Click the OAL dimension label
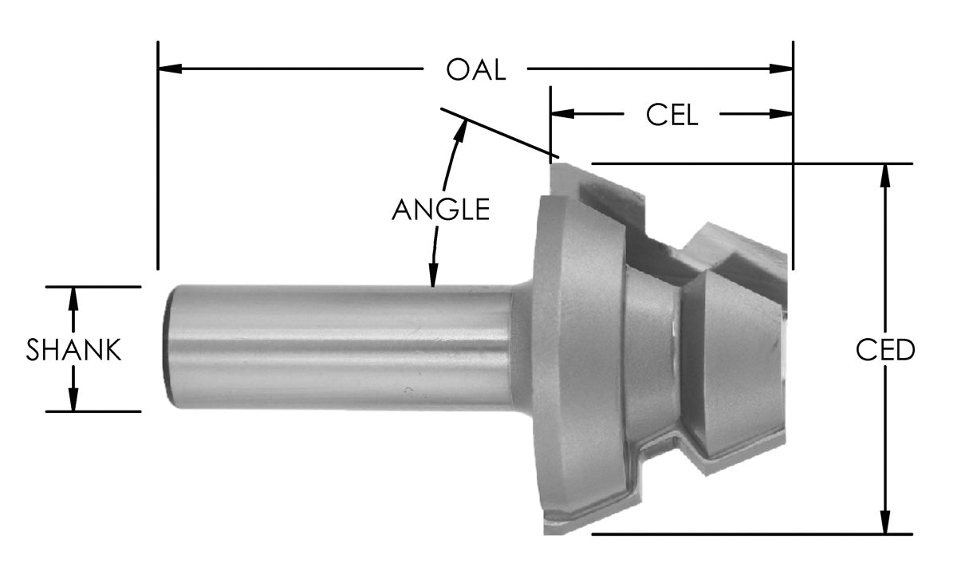(x=476, y=69)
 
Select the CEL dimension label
(x=671, y=115)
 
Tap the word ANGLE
(x=440, y=209)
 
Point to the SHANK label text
(x=73, y=350)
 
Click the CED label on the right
(x=884, y=350)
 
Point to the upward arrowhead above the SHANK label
(x=73, y=297)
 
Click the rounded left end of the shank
(x=169, y=348)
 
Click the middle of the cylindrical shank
(x=339, y=348)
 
